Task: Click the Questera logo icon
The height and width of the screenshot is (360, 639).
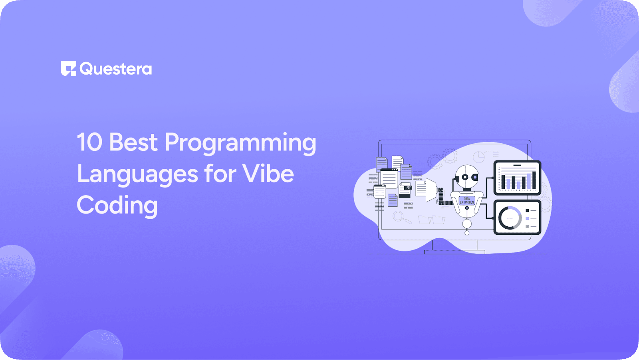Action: pos(68,69)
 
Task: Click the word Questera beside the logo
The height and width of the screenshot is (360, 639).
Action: pos(116,69)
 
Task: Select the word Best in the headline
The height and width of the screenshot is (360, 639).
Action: pos(133,142)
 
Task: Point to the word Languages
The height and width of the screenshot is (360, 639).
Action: pos(137,174)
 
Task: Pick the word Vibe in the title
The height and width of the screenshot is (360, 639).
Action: pos(268,174)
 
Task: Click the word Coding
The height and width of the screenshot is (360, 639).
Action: pos(117,206)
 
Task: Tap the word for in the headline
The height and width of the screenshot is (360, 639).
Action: pos(220,174)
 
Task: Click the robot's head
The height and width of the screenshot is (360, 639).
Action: pos(467,176)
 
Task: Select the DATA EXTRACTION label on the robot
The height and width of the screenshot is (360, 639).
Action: pos(466,200)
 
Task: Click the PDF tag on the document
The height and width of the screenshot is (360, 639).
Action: pos(408,188)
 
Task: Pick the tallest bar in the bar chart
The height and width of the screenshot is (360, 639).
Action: pos(534,179)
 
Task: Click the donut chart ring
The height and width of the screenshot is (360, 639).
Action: pos(510,218)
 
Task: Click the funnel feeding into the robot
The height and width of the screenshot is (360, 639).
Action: pos(431,190)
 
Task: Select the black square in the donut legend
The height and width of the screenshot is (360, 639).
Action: pos(527,210)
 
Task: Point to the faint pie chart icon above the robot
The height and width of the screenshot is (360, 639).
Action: pos(478,157)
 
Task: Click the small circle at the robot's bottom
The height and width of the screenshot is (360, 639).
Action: pos(467,232)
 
